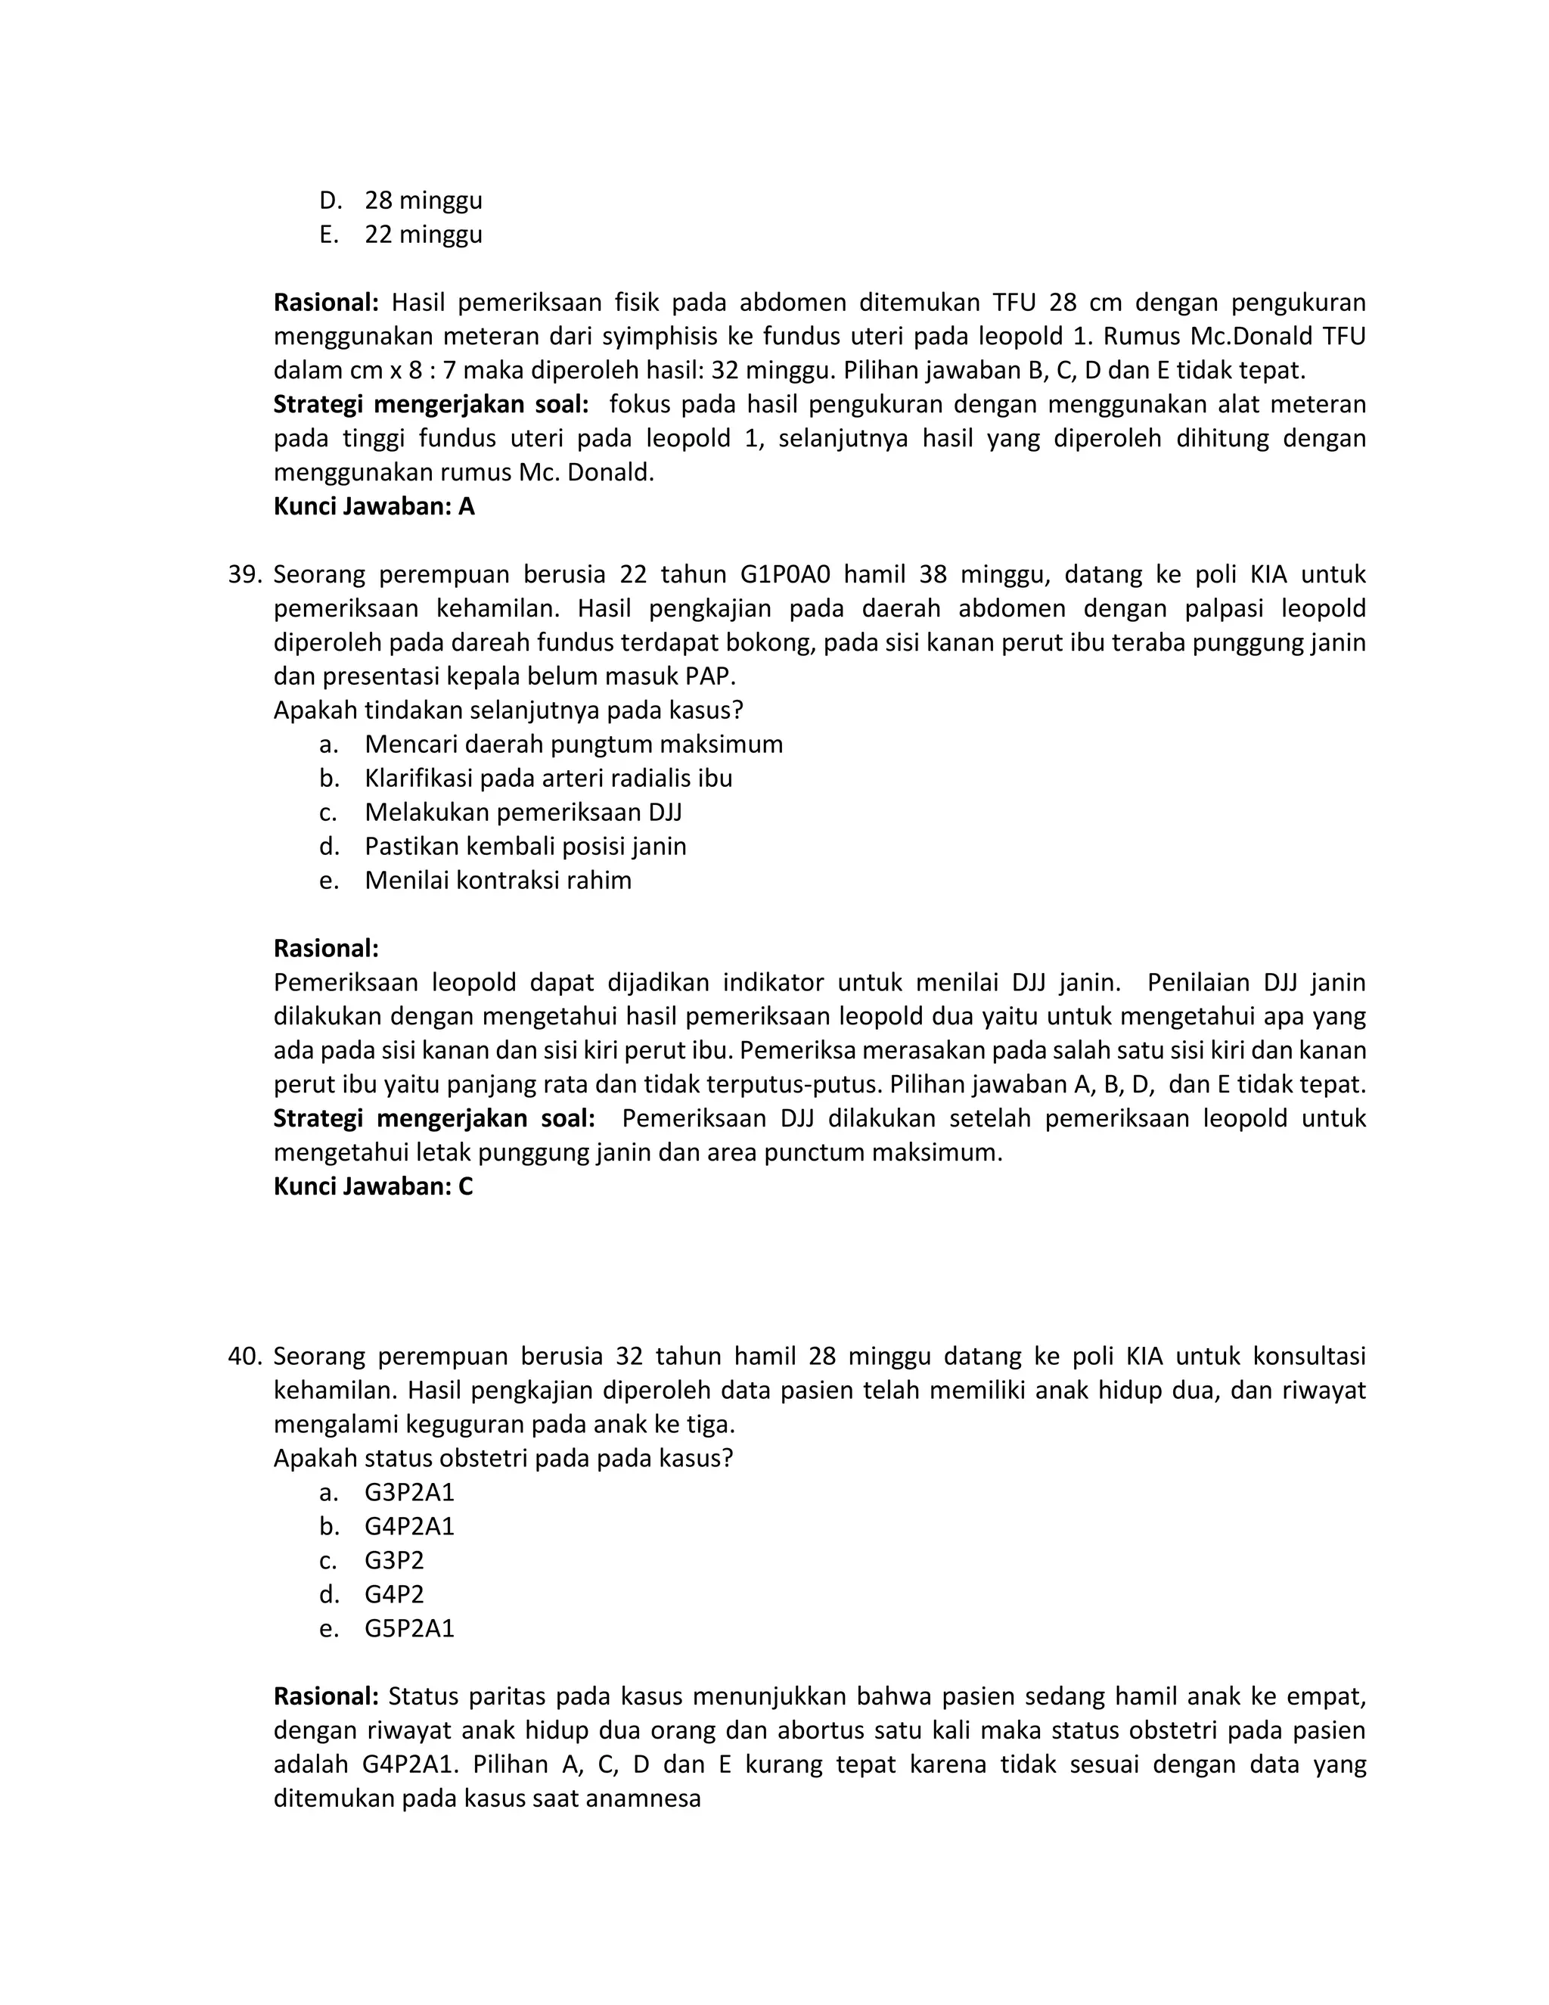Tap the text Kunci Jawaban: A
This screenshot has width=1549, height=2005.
point(374,507)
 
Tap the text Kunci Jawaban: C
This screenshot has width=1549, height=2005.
point(373,1186)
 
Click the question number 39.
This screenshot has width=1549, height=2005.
point(245,575)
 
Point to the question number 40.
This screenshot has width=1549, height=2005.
point(245,1356)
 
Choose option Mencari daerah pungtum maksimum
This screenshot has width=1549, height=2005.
point(573,744)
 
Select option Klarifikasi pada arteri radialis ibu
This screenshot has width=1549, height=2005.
point(548,779)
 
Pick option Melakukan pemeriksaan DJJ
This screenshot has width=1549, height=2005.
point(523,813)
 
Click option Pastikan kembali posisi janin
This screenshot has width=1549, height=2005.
point(525,847)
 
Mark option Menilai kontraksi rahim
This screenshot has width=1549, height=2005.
point(498,881)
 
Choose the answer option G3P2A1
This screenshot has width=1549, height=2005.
point(409,1492)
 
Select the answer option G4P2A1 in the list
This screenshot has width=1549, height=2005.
point(409,1526)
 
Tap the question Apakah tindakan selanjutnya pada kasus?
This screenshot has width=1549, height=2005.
point(508,710)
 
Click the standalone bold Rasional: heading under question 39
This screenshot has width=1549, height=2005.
point(326,948)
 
